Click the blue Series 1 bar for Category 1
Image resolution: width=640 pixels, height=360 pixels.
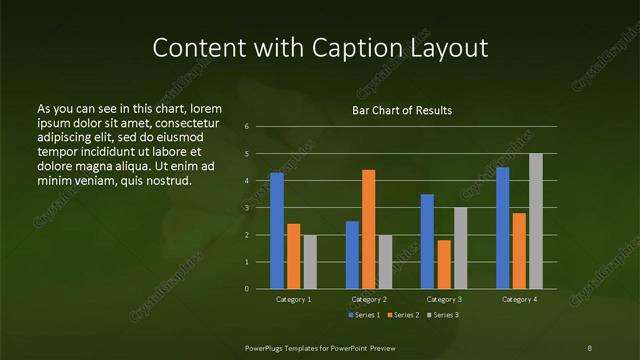276,231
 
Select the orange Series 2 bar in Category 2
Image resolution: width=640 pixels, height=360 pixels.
368,229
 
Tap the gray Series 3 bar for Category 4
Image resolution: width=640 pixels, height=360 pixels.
536,221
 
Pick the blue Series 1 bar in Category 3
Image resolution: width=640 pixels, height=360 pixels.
427,241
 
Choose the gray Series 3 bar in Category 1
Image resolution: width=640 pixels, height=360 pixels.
310,262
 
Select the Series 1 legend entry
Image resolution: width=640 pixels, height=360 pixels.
364,315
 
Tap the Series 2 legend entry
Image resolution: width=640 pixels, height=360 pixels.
402,315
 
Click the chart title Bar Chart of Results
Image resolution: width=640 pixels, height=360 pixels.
402,110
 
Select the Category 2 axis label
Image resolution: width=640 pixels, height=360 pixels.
369,299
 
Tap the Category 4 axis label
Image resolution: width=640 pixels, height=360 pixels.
519,299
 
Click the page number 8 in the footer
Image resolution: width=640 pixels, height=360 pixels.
589,347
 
